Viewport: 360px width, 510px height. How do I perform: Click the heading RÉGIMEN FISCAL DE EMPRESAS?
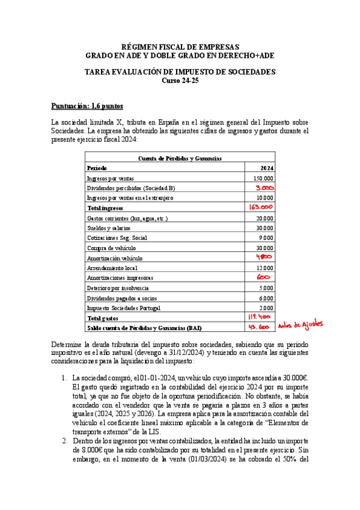click(x=180, y=47)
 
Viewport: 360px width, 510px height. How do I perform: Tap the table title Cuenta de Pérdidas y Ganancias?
click(x=180, y=158)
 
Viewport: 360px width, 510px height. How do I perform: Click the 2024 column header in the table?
click(x=267, y=168)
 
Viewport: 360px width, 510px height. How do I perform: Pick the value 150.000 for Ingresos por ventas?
click(x=263, y=178)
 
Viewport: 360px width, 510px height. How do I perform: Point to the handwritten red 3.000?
click(x=263, y=188)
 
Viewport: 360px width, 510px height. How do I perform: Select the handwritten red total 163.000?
click(x=261, y=207)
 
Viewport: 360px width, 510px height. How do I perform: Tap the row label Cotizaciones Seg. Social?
click(x=117, y=238)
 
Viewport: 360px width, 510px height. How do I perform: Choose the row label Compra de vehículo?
click(x=111, y=248)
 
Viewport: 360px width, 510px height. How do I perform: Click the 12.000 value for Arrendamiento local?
click(x=264, y=268)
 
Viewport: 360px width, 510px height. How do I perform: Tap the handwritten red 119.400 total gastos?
click(x=261, y=317)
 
